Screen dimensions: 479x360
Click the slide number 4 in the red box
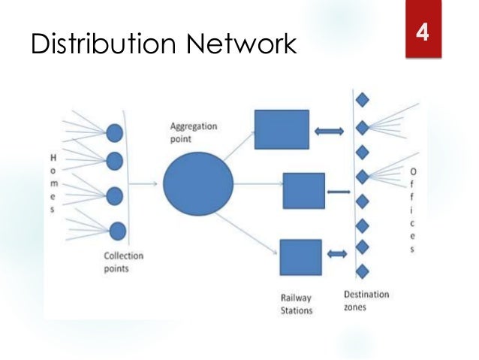click(423, 33)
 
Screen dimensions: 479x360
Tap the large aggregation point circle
click(198, 183)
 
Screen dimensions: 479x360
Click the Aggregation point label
click(191, 133)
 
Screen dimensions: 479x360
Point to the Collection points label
click(123, 261)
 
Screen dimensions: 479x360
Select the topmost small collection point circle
click(114, 133)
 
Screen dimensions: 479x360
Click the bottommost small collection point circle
click(117, 231)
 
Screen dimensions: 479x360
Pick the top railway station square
click(282, 129)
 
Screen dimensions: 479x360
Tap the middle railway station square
click(303, 190)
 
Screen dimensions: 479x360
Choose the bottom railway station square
click(300, 256)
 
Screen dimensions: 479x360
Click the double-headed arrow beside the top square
click(330, 132)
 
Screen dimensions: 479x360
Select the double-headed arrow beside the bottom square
click(337, 256)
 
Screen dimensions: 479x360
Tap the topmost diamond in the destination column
click(362, 98)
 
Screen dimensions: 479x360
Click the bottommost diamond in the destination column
click(363, 271)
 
